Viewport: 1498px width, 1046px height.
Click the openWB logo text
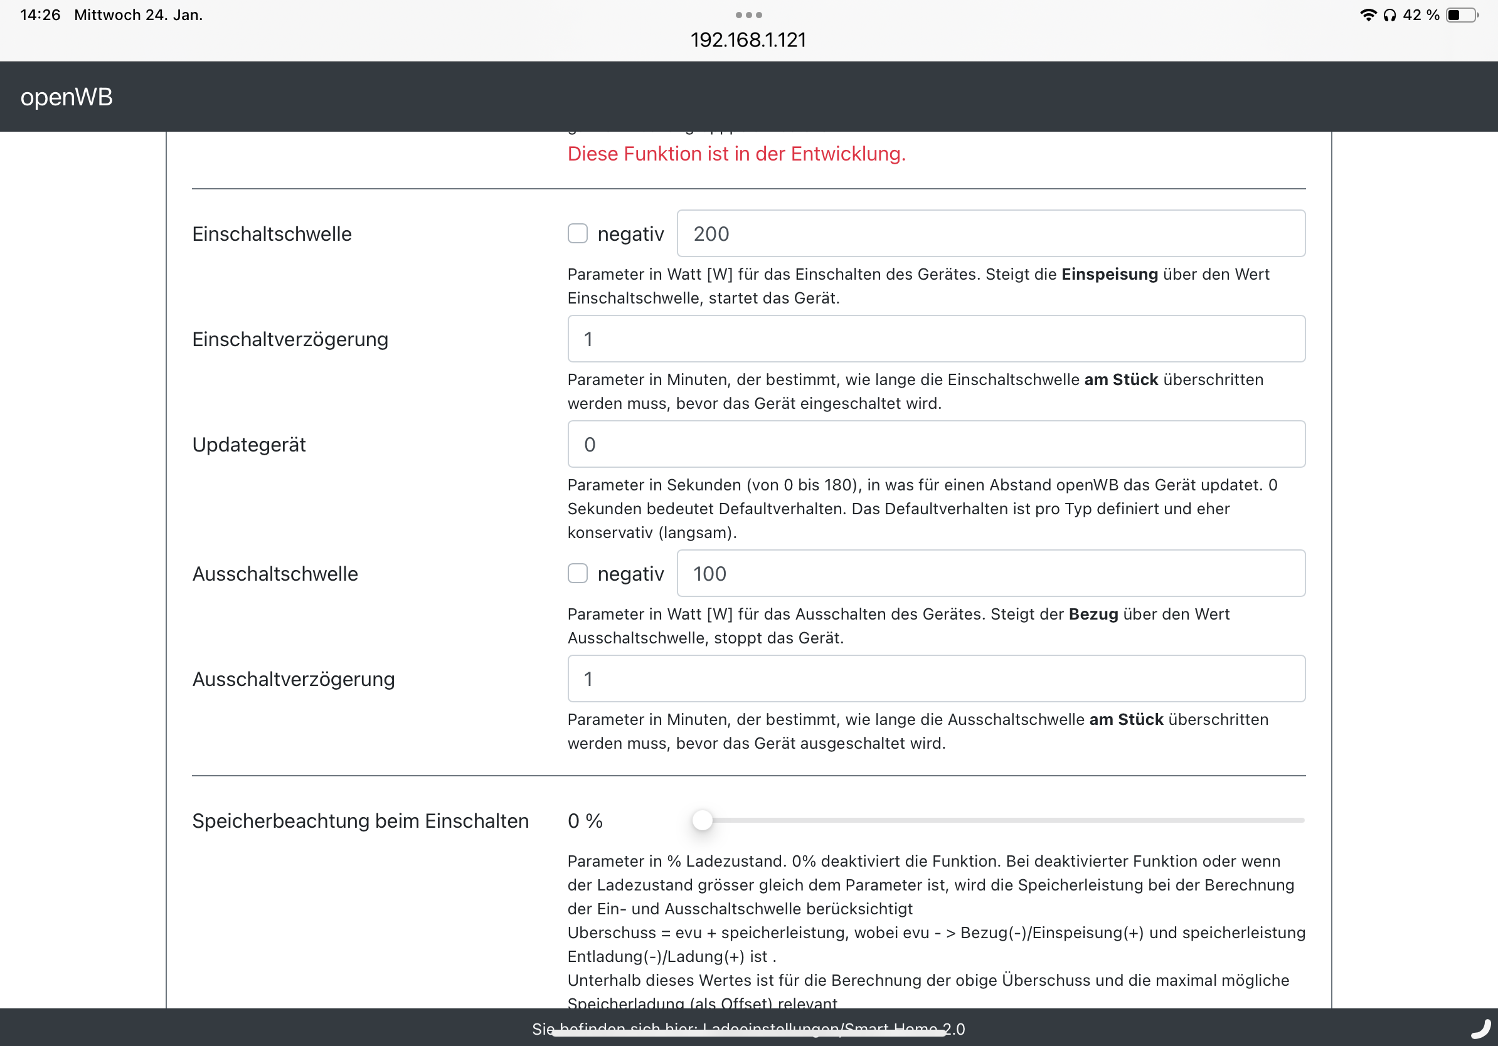tap(66, 97)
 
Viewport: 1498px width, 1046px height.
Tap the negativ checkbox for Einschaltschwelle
tap(577, 233)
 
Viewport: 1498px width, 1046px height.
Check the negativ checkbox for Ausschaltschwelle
tap(577, 573)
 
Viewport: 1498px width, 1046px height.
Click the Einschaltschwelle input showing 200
tap(991, 233)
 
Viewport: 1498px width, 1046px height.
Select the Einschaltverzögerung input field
tap(935, 339)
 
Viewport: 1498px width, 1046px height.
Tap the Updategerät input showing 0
tap(935, 444)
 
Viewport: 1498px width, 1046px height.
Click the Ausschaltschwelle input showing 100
tap(991, 573)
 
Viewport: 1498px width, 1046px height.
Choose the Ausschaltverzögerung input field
tap(935, 679)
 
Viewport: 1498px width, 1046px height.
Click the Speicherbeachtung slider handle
tap(702, 820)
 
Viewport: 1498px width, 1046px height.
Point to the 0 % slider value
tap(585, 821)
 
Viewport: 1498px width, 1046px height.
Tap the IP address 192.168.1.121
tap(748, 40)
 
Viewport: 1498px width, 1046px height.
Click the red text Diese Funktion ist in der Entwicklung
tap(736, 154)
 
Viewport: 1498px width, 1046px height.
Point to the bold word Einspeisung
tap(1109, 275)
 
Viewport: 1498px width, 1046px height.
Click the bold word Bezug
tap(1093, 615)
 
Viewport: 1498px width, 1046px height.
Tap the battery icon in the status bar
tap(1462, 15)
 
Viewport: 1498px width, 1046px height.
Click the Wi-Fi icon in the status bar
tap(1368, 15)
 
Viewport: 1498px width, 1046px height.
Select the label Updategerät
tap(248, 445)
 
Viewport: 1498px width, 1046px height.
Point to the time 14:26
tap(40, 15)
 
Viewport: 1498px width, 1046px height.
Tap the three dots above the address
tap(748, 15)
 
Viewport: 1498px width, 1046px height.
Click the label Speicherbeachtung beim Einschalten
tap(360, 821)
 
